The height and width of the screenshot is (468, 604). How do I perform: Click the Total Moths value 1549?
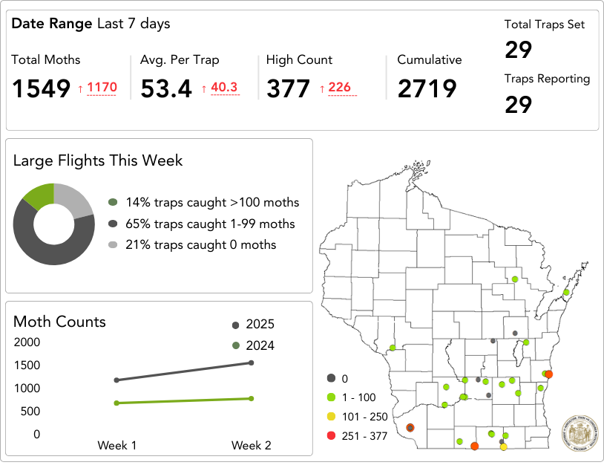pos(41,88)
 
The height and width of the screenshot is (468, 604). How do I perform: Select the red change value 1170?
pos(102,88)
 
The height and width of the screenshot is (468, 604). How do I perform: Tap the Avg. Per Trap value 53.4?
pos(165,88)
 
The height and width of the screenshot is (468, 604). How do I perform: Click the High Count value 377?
pos(287,88)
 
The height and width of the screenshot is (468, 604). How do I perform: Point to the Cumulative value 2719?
pos(427,88)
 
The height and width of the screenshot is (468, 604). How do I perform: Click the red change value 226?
pos(339,88)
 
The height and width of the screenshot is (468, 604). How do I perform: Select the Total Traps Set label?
pos(545,25)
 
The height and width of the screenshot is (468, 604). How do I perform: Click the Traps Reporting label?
pos(547,79)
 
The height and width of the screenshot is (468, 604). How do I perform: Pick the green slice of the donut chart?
pos(39,195)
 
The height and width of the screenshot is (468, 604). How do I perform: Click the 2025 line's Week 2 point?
pos(252,363)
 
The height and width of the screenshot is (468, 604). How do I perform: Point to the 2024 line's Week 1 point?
pos(116,403)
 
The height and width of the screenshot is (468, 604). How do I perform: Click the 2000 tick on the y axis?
pos(27,342)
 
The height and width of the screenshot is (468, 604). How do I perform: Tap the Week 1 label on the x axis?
pos(116,445)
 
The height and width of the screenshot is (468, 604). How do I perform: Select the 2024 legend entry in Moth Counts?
pos(253,345)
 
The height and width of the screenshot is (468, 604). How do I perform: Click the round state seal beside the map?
pos(580,432)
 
